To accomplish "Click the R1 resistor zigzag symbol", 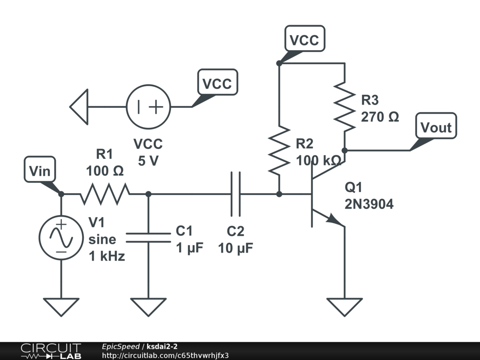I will pos(105,194).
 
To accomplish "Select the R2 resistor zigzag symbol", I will pos(279,150).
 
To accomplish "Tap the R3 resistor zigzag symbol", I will pos(345,107).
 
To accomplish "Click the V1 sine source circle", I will pos(61,237).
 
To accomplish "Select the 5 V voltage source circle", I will pos(148,106).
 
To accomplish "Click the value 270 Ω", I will pos(380,117).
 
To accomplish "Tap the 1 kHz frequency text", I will pos(107,256).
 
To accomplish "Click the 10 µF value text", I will pos(235,248).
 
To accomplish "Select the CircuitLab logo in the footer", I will pos(50,351).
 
